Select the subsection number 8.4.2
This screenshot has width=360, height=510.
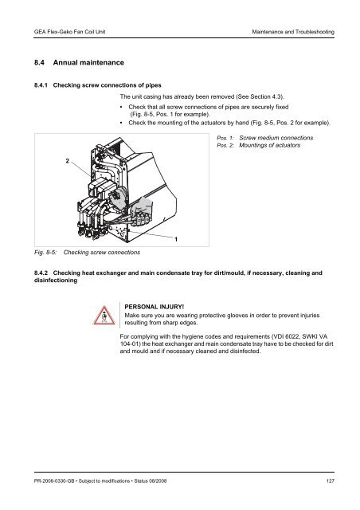tap(37, 273)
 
